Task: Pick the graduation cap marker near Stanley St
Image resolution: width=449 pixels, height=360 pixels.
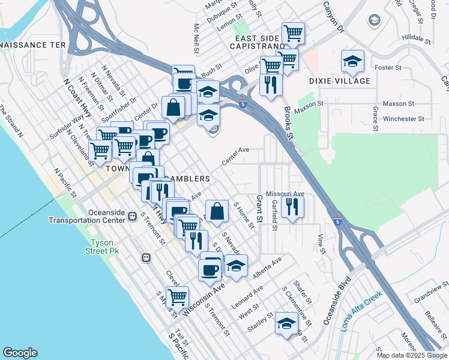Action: tap(286, 323)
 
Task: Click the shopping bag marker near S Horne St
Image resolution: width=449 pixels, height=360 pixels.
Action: tap(217, 211)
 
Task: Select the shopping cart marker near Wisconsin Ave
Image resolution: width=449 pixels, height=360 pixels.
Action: tap(177, 297)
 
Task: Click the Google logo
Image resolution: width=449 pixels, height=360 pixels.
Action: tap(20, 353)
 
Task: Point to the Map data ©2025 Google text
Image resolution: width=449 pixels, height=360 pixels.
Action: tap(412, 355)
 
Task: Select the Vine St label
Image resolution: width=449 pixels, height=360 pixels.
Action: tap(322, 244)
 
